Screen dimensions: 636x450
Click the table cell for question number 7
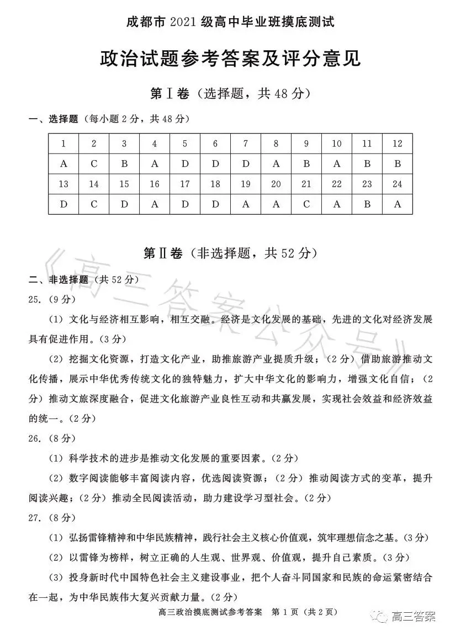tap(246, 144)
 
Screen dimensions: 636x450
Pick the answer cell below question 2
tap(94, 164)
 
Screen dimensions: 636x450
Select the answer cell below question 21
tap(306, 204)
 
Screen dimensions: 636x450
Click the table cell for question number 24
tap(397, 184)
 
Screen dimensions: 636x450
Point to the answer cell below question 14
tap(94, 204)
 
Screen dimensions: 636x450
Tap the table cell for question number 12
tap(397, 144)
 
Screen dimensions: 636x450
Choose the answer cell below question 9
tap(306, 164)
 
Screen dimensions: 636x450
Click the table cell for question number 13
tap(63, 184)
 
